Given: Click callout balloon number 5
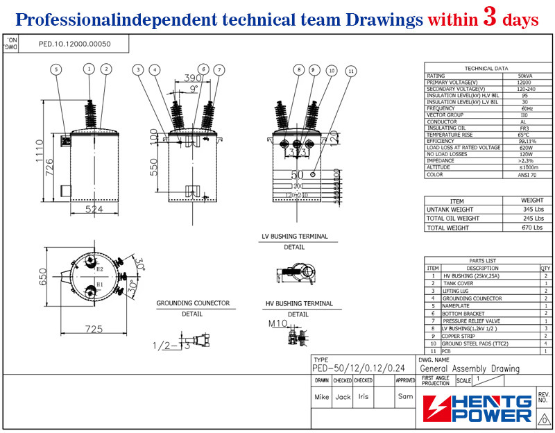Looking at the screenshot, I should pyautogui.click(x=56, y=69).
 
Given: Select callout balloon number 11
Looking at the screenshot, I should pyautogui.click(x=351, y=71).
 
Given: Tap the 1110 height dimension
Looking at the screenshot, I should pyautogui.click(x=40, y=148).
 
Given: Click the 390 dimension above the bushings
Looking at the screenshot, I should pyautogui.click(x=184, y=78).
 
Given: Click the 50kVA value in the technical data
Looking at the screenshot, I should pyautogui.click(x=525, y=76).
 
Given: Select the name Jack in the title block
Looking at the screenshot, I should pyautogui.click(x=343, y=397).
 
